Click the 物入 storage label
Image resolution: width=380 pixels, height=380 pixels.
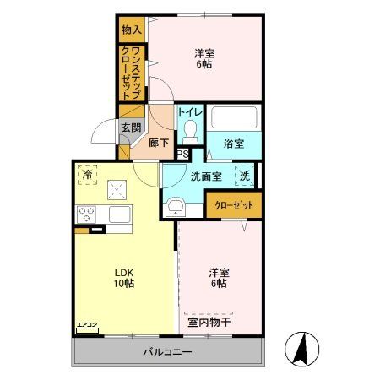pos(131,30)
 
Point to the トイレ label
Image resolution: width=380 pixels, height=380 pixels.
pos(189,112)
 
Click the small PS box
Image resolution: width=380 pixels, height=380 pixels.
pos(182,153)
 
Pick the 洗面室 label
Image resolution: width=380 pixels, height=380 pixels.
pos(205,176)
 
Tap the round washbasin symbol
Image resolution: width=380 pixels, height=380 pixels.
pos(176,206)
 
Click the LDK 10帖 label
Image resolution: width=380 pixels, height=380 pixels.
pos(124,278)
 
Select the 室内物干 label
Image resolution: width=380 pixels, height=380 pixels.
pos(209,322)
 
